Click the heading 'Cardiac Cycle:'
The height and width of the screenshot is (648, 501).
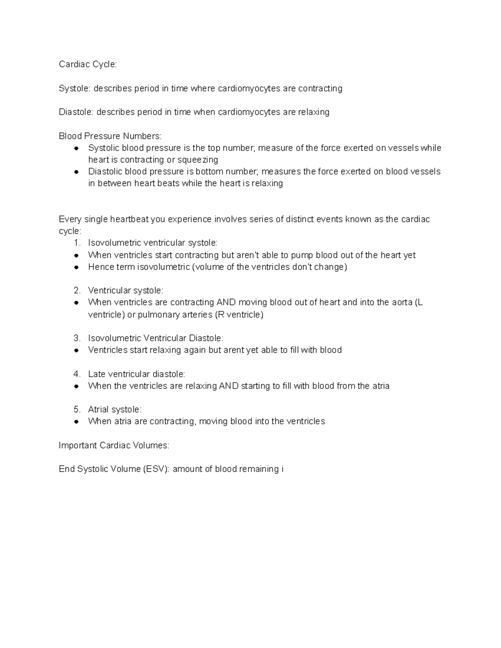coord(88,64)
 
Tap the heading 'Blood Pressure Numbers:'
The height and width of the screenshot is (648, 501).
coord(110,136)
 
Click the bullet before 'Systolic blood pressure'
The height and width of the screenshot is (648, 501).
coord(76,148)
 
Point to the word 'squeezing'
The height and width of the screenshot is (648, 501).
coord(198,160)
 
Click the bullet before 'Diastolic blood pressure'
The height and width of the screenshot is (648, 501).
coord(76,171)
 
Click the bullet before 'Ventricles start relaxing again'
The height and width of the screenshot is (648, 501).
coord(76,350)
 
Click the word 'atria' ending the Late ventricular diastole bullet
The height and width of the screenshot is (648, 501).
coord(380,386)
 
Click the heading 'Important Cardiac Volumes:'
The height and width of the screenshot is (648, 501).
coord(114,446)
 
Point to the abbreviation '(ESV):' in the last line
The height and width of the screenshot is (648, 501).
coord(157,469)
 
